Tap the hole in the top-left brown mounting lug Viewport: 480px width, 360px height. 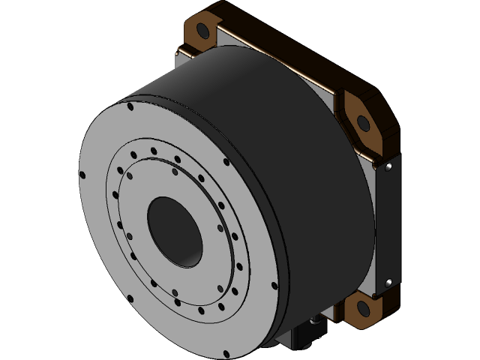(202, 30)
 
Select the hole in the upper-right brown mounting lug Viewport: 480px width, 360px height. (363, 121)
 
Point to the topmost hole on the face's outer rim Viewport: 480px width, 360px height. (132, 106)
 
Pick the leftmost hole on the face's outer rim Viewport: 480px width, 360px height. (84, 175)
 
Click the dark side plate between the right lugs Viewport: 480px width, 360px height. (386, 225)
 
